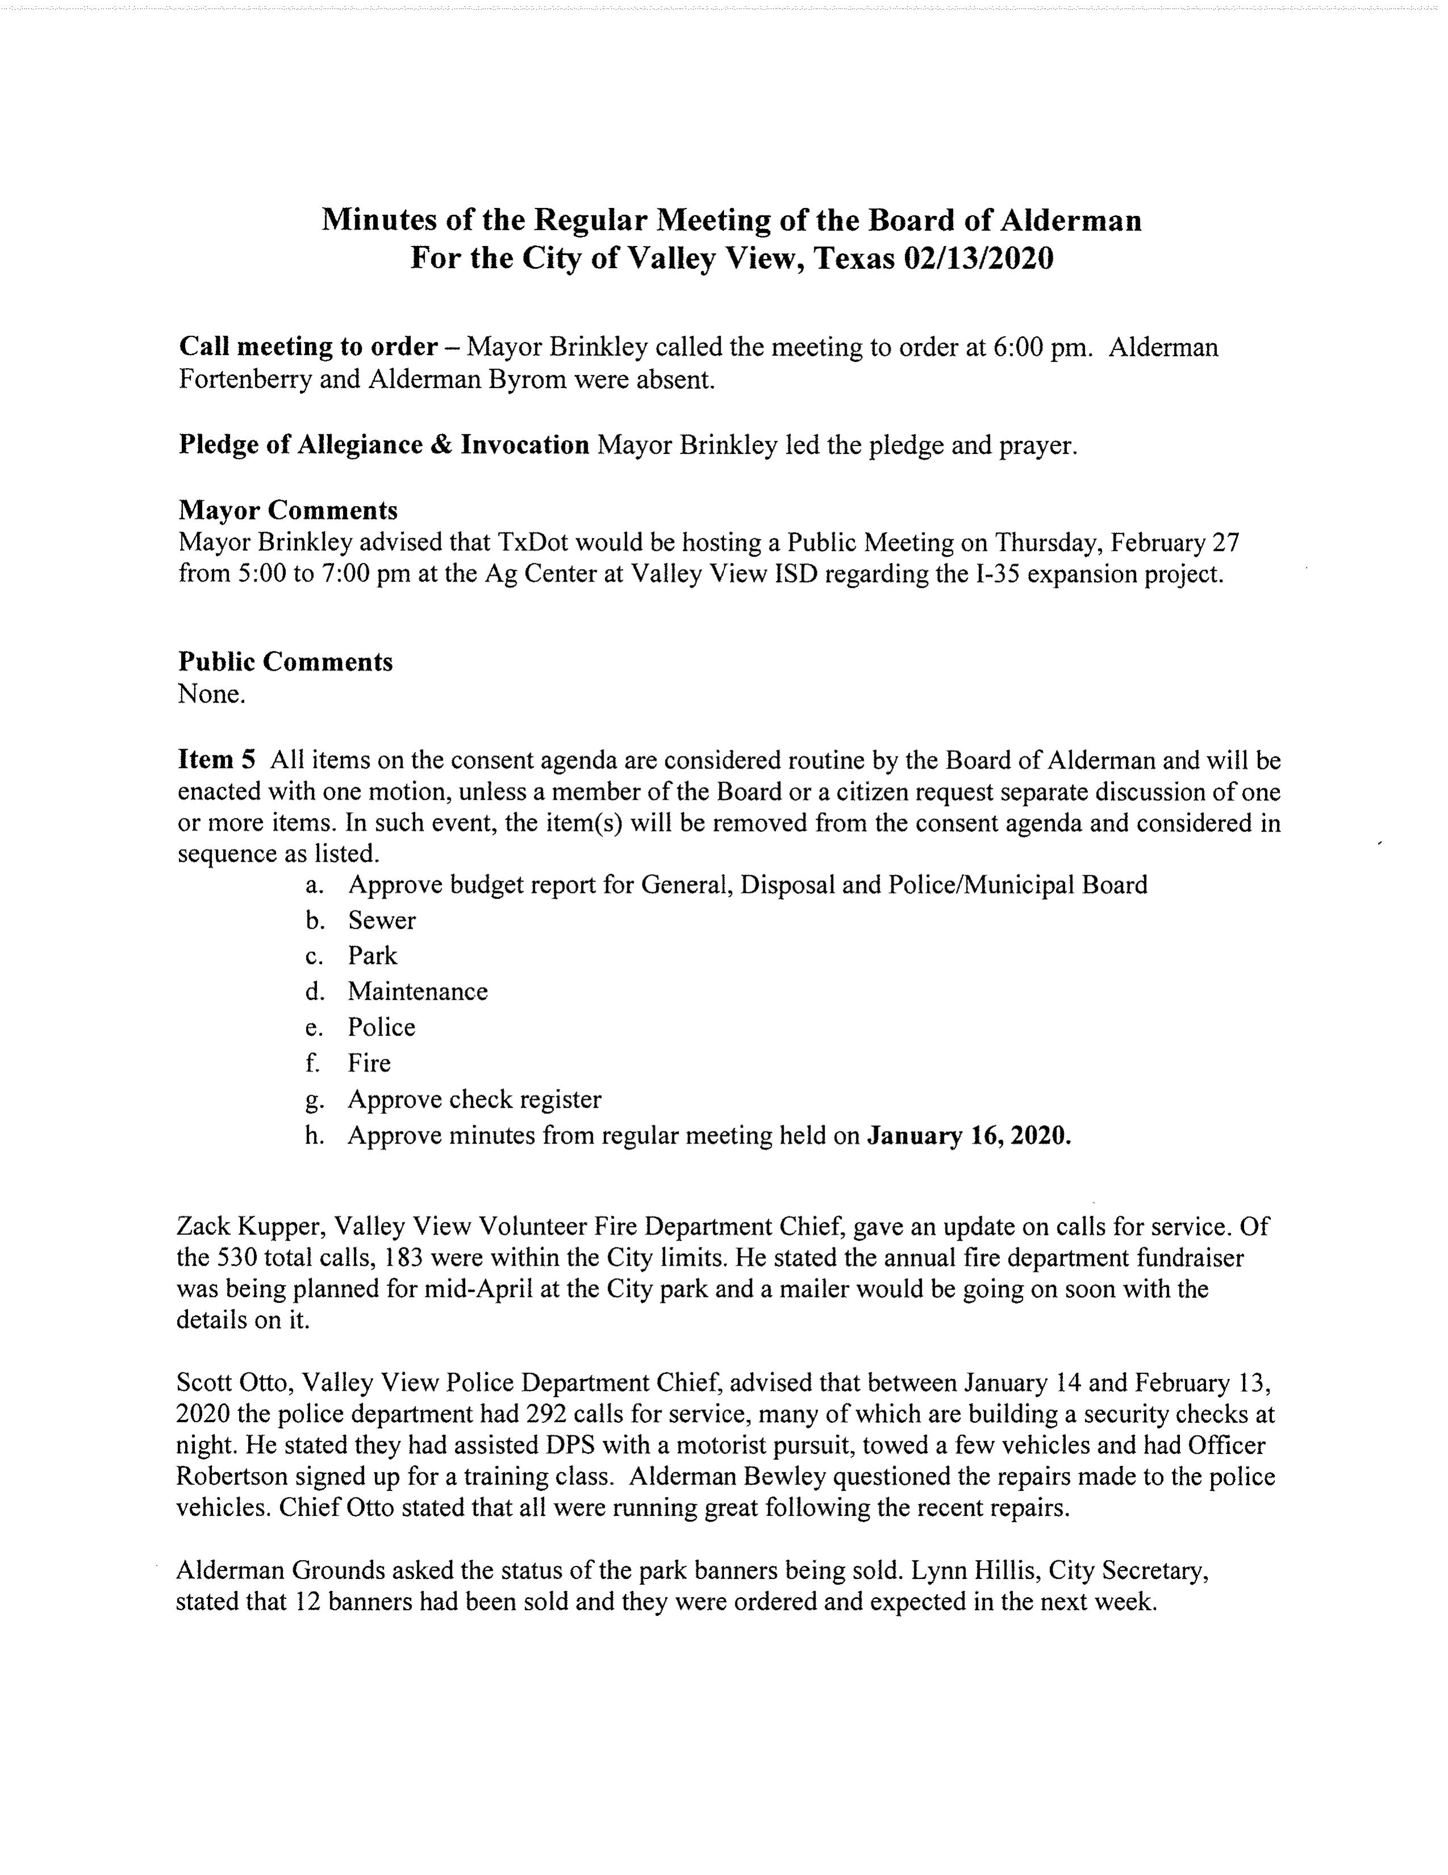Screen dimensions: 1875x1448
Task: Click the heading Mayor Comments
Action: (287, 510)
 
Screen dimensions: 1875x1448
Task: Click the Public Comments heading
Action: (285, 662)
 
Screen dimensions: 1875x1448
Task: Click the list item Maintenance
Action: (417, 992)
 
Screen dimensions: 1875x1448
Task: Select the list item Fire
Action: (369, 1063)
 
